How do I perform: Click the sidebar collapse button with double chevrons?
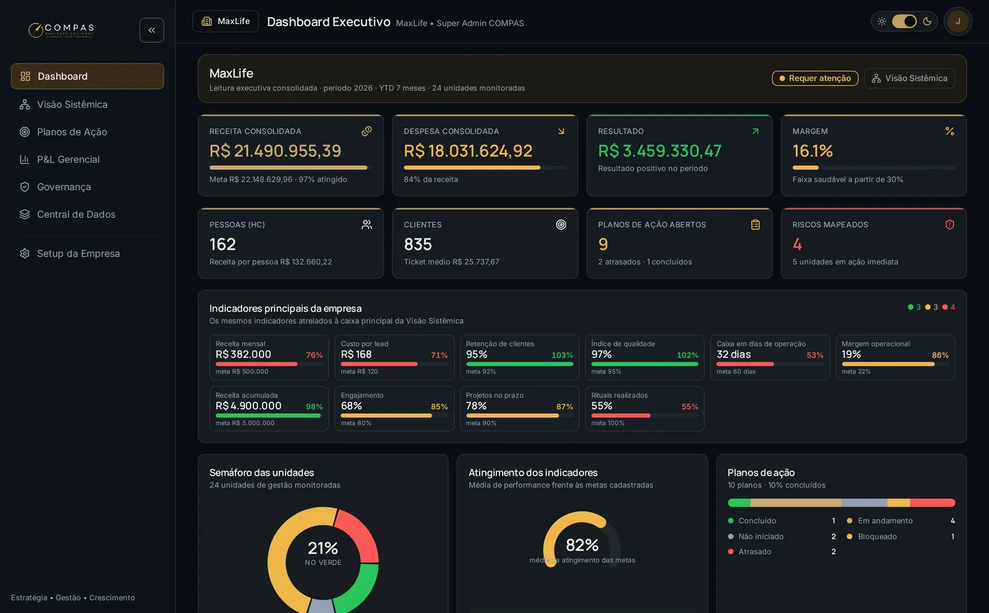pos(151,30)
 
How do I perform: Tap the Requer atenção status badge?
pos(815,78)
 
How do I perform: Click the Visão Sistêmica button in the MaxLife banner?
pos(909,78)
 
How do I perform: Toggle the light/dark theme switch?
pos(904,21)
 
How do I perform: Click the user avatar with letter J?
pos(957,21)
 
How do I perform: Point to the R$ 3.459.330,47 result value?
pos(660,151)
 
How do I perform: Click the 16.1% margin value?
pos(812,151)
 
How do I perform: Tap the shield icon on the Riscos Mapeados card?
pos(949,225)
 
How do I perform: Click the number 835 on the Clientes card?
pos(418,244)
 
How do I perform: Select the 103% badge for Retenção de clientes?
pos(562,355)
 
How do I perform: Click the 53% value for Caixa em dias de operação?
pos(815,355)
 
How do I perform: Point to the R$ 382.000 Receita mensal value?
pos(244,354)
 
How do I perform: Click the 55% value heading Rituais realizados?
pos(602,406)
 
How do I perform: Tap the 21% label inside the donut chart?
pos(323,548)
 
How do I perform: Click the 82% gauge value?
pos(582,545)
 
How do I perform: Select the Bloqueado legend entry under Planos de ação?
pos(877,536)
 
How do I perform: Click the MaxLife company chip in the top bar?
pos(226,21)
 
